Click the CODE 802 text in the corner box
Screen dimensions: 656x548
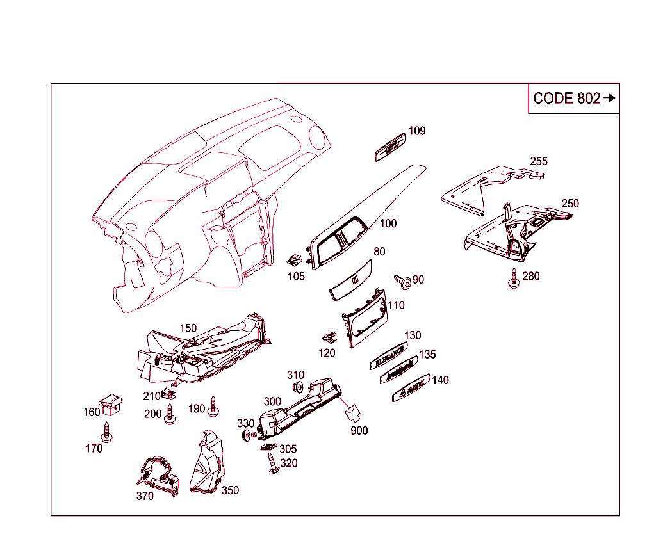tap(566, 99)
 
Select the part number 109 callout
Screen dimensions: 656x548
tap(417, 131)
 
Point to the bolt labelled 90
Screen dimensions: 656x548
tap(403, 280)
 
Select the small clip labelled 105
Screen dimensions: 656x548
tap(295, 260)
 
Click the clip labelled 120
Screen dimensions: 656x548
tap(329, 337)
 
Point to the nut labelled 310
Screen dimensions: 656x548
tap(298, 387)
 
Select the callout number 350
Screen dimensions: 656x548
tap(230, 490)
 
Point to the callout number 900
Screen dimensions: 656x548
tap(359, 431)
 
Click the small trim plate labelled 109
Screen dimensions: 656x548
tap(390, 147)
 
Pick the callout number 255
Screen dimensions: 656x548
tap(539, 161)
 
